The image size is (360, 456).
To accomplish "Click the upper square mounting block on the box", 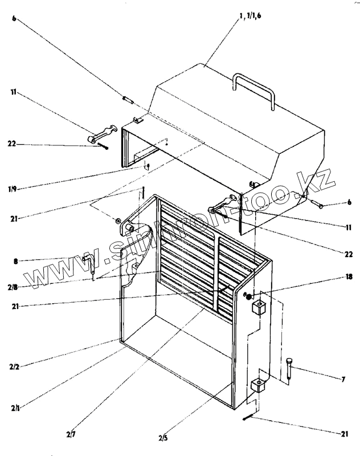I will [x=259, y=308].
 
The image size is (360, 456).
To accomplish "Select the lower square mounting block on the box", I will [x=258, y=386].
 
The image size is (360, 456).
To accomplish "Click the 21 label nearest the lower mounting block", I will [x=343, y=434].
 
